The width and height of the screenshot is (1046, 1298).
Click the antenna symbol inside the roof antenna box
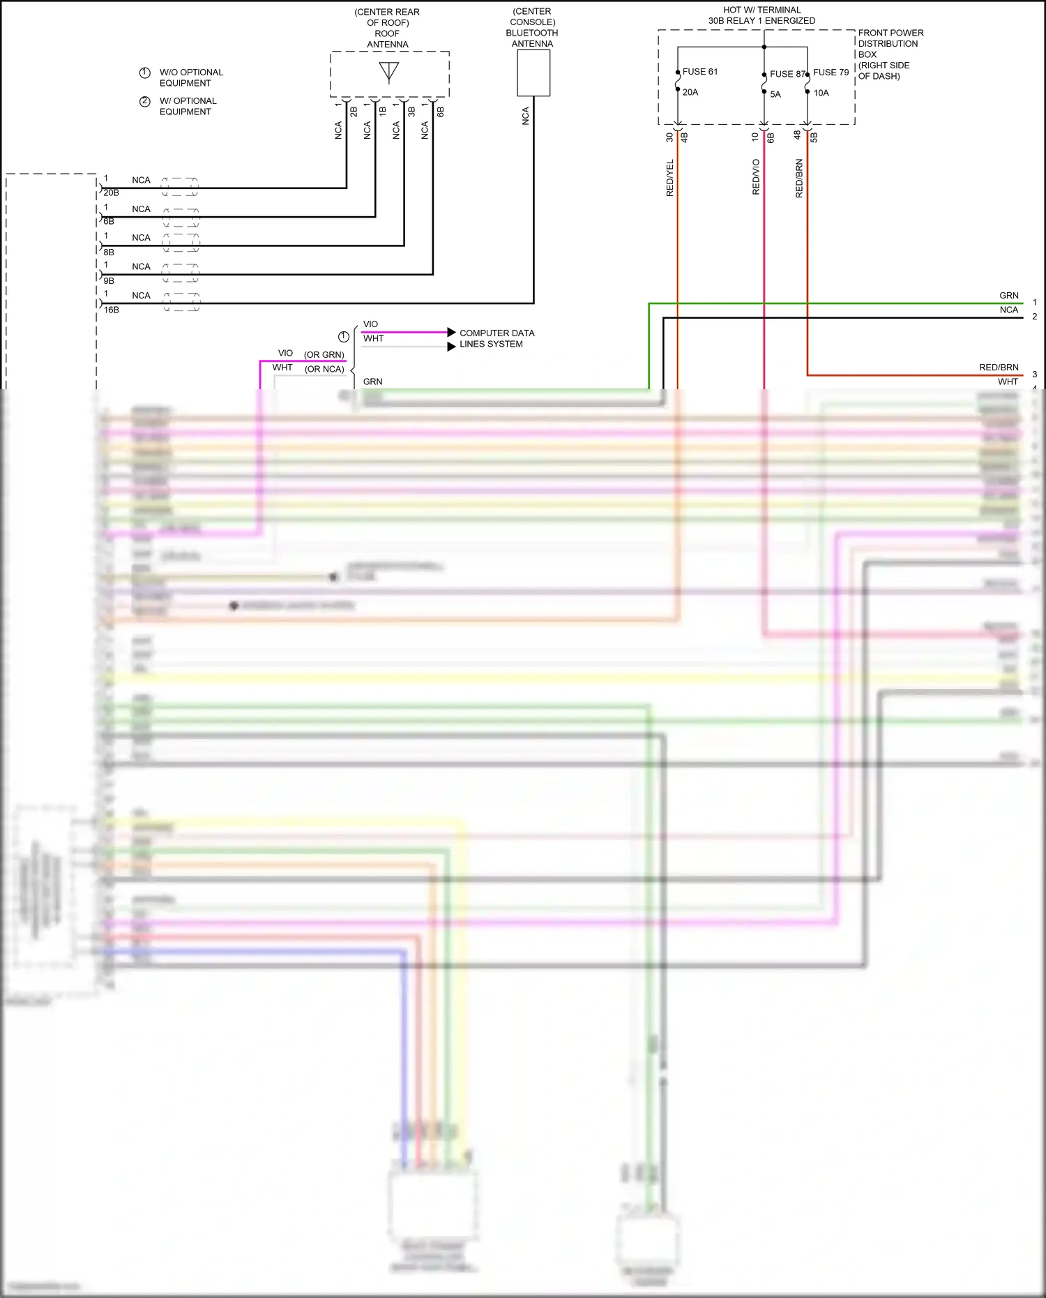tap(389, 72)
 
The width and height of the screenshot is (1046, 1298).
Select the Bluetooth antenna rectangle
tap(533, 73)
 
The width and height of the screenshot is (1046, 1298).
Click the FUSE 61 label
tap(699, 72)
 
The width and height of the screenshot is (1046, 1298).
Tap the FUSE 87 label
tap(787, 74)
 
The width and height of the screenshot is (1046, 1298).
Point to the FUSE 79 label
tap(831, 73)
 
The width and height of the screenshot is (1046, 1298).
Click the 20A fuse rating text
tap(690, 92)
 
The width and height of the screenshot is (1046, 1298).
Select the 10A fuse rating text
tap(821, 93)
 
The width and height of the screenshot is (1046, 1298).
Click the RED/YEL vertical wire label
tap(670, 178)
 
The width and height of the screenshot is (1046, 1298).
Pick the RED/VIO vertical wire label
tap(756, 177)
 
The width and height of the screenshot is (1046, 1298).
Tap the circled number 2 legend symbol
tap(145, 102)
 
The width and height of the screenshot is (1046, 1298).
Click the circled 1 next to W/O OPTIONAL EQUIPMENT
tap(145, 73)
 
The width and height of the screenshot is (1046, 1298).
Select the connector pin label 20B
tap(112, 193)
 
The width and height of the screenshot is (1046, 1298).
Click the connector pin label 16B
tap(112, 310)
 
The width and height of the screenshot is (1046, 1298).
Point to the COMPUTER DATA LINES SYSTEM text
tap(497, 338)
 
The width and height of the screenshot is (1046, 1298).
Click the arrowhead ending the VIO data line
tap(451, 332)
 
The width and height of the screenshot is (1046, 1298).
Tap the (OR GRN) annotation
tap(324, 355)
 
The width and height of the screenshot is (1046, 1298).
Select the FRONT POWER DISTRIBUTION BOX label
tap(890, 54)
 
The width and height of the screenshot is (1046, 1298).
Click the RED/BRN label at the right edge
tap(999, 368)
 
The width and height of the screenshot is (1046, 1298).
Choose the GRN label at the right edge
tap(1008, 296)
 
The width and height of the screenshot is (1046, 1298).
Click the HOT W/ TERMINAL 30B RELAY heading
tap(761, 15)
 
